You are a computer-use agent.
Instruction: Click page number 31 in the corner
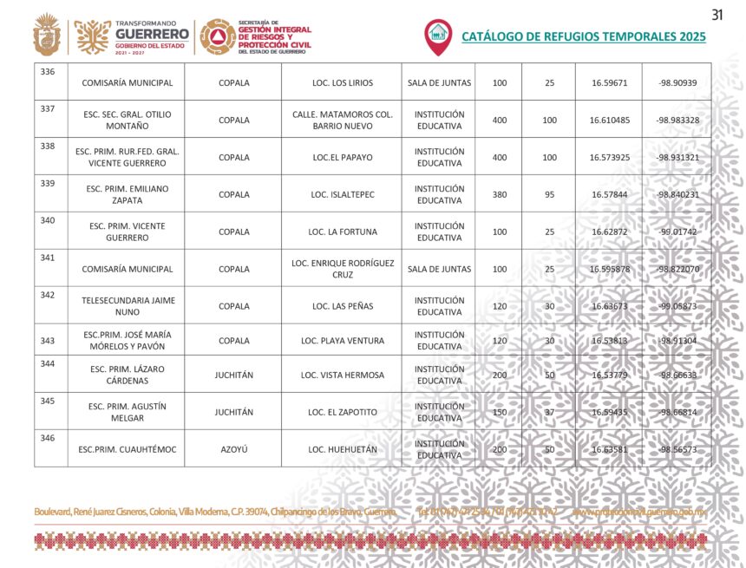click(717, 14)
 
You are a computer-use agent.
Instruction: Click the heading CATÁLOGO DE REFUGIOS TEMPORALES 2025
click(583, 36)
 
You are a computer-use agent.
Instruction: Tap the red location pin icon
click(438, 36)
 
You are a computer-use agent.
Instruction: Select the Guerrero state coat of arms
click(47, 36)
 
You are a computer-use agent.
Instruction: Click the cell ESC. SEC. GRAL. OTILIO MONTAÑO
click(126, 121)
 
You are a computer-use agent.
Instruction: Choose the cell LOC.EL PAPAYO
click(343, 158)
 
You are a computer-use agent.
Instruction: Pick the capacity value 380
click(500, 194)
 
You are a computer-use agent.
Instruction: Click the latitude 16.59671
click(609, 83)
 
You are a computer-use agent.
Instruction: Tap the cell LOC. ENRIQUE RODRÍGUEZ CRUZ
click(343, 269)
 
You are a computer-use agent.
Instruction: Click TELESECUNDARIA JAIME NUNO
click(126, 306)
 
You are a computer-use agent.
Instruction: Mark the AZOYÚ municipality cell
click(233, 449)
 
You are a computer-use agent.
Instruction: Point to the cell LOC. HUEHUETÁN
click(343, 449)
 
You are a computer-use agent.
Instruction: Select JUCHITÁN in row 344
click(233, 375)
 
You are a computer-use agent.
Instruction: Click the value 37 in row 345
click(549, 412)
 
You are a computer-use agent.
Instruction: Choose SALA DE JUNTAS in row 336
click(439, 83)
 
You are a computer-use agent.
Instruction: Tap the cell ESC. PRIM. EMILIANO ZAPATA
click(126, 194)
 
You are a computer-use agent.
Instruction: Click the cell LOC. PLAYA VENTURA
click(343, 341)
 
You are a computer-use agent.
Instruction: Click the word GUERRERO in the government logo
click(152, 34)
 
